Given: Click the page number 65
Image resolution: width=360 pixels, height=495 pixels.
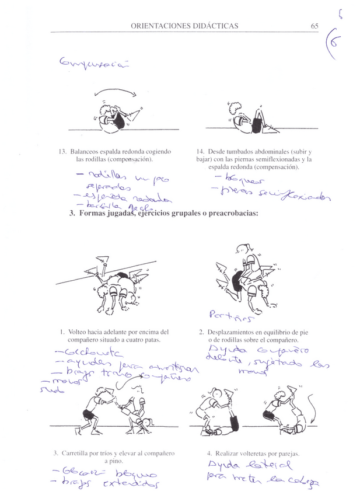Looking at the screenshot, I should [x=314, y=26].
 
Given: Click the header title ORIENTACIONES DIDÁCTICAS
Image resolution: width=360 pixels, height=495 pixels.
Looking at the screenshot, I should [x=184, y=26].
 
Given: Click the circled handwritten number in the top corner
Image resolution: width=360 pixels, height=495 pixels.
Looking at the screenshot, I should [x=339, y=43].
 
